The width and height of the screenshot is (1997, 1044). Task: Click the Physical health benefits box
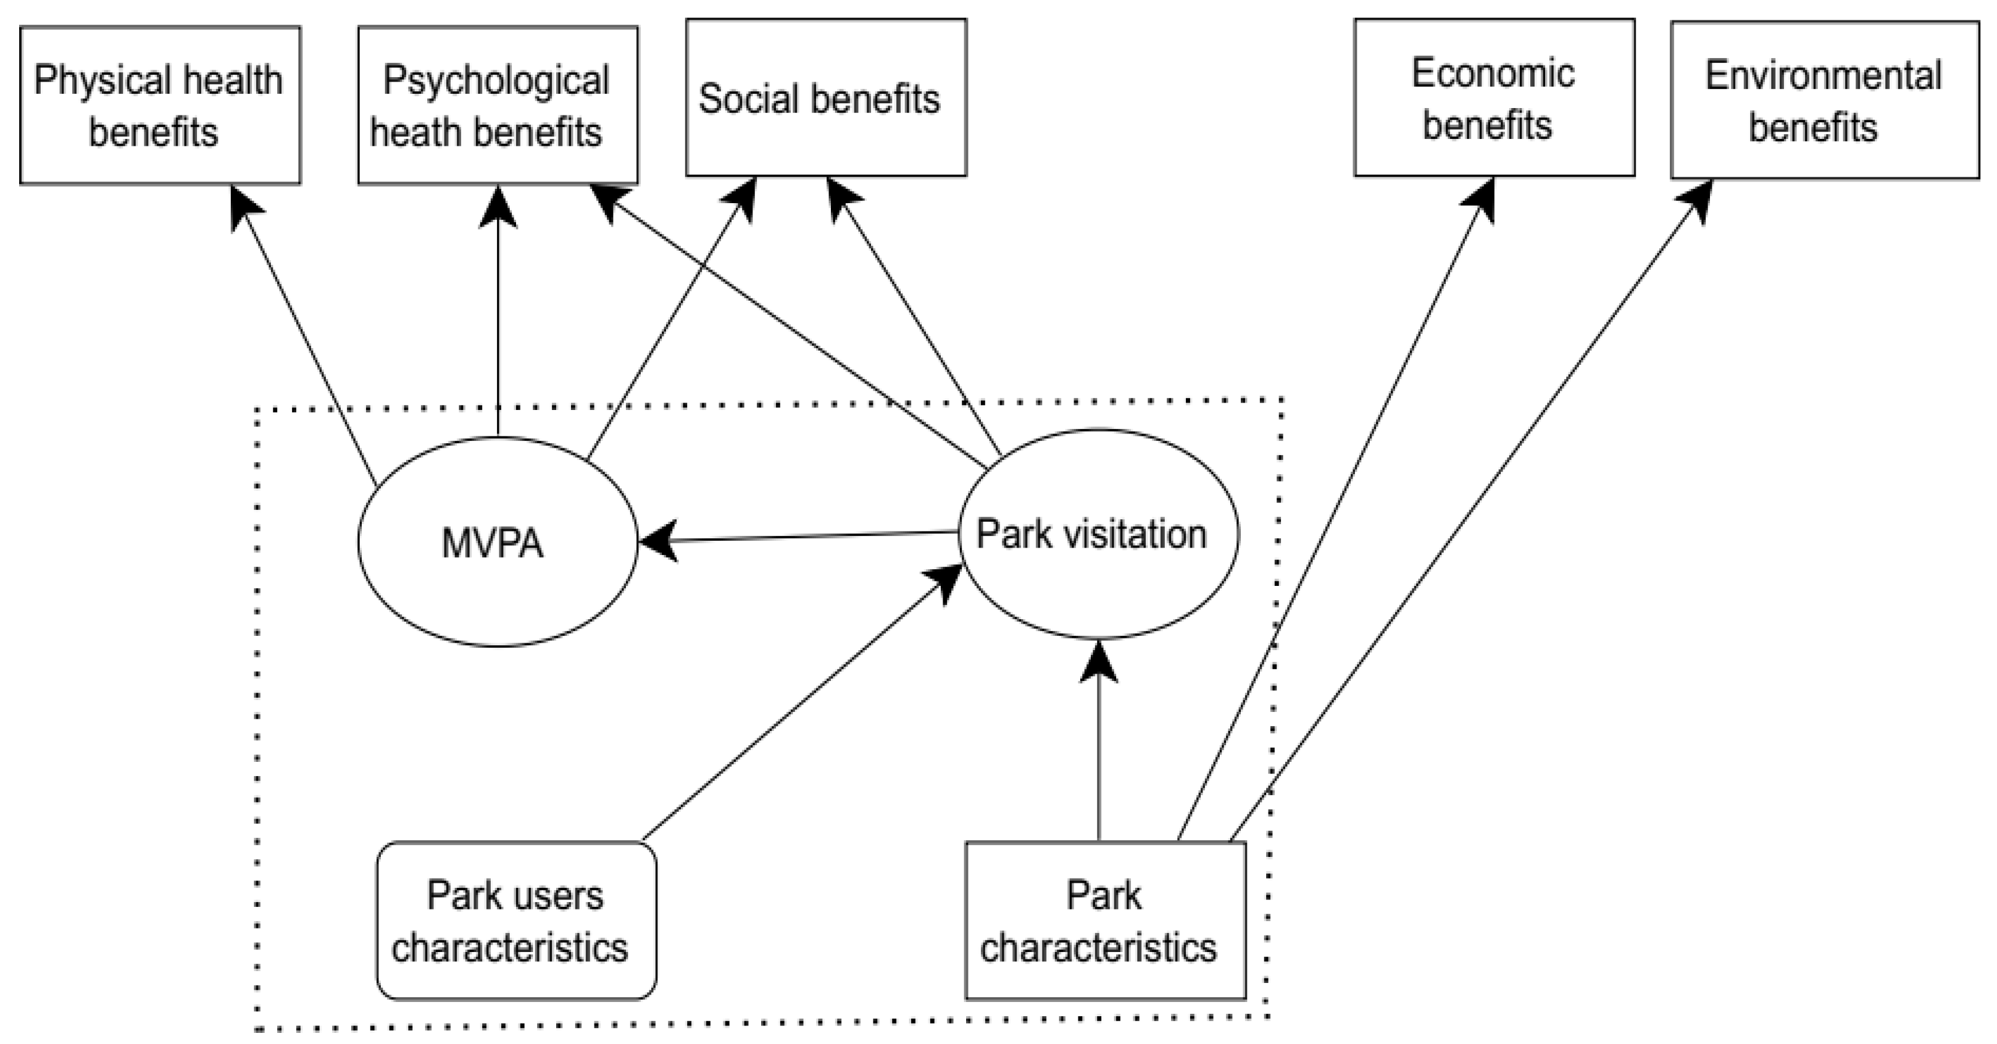click(x=160, y=106)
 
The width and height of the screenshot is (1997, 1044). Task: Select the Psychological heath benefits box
click(x=497, y=106)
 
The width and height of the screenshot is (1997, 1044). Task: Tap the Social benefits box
click(x=825, y=98)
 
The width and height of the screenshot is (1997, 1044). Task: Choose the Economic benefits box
click(x=1494, y=98)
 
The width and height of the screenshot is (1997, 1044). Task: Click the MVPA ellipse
click(x=497, y=542)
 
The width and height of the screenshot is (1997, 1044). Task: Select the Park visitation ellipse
click(x=1098, y=534)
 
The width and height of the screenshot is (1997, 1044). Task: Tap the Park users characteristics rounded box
click(x=516, y=921)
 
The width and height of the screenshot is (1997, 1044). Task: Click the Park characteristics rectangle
click(x=1105, y=921)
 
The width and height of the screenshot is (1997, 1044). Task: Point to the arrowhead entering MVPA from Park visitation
click(x=655, y=540)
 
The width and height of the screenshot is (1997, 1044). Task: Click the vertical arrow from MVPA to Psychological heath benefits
click(x=497, y=325)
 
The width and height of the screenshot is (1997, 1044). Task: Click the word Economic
click(x=1492, y=73)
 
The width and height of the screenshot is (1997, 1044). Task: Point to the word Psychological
click(x=496, y=80)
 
